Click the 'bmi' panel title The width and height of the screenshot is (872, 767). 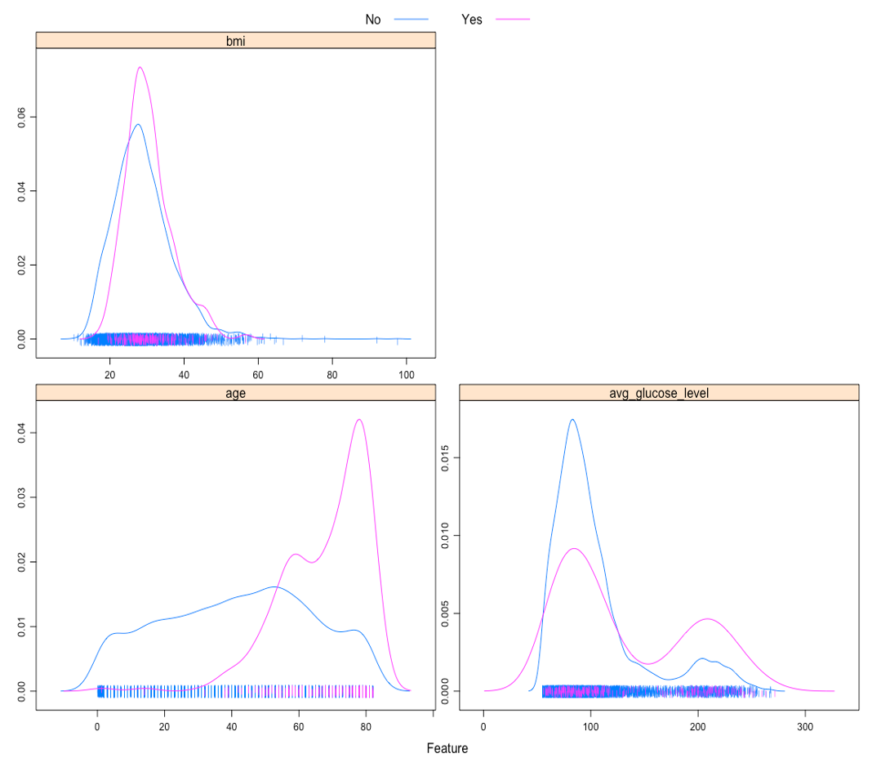[236, 41]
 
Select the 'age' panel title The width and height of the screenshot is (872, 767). [236, 392]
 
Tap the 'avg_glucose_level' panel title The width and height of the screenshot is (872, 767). [659, 392]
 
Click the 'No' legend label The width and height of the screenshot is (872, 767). [373, 19]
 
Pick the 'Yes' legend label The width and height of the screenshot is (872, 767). [472, 19]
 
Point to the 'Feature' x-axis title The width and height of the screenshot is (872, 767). [447, 747]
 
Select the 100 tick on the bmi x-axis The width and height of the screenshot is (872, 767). [406, 375]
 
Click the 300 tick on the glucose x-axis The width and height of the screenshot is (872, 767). [805, 726]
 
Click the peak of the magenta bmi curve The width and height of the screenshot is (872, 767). [140, 67]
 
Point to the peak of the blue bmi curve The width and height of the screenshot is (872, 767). [138, 124]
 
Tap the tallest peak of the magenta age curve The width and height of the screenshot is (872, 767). [358, 420]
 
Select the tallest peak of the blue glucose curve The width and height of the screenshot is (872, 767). [572, 420]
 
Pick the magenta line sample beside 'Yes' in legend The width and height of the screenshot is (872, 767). [512, 19]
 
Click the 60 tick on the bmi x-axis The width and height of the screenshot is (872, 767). [258, 375]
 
